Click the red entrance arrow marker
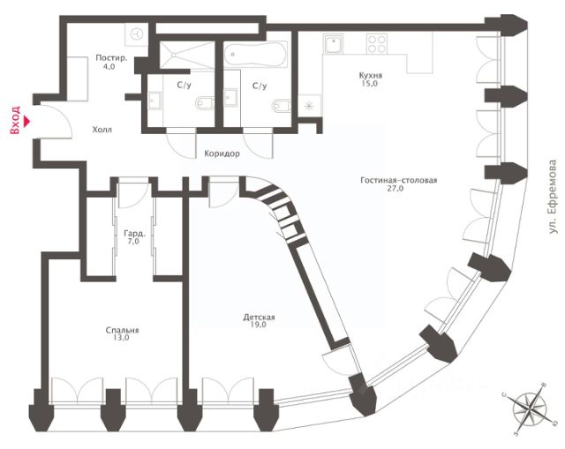click(26, 121)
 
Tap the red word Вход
click(15, 120)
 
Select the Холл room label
click(102, 130)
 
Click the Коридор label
click(222, 153)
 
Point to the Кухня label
click(371, 76)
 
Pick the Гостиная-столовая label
click(398, 180)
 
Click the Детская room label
click(259, 318)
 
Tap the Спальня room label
click(122, 330)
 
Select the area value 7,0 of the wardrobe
click(133, 242)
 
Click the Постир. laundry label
click(112, 58)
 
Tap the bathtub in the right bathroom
click(255, 55)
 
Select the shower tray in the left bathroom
click(186, 55)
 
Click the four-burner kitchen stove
click(377, 43)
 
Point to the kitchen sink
click(334, 44)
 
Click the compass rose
click(530, 409)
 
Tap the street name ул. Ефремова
click(552, 197)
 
